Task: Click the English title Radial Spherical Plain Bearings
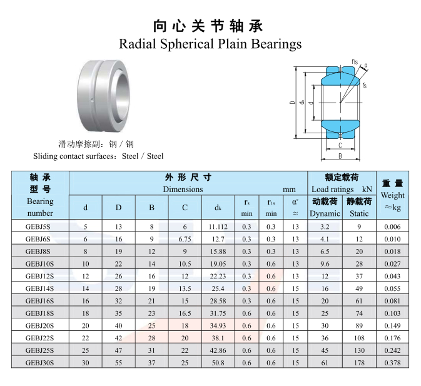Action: tap(210, 44)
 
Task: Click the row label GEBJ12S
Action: tap(39, 276)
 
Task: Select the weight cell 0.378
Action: tap(392, 363)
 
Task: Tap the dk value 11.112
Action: tap(218, 227)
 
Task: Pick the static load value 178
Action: tap(359, 363)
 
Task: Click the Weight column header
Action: tap(393, 195)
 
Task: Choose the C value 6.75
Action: tap(185, 239)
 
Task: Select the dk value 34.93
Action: tap(218, 325)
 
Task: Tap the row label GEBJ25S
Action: tap(39, 350)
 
